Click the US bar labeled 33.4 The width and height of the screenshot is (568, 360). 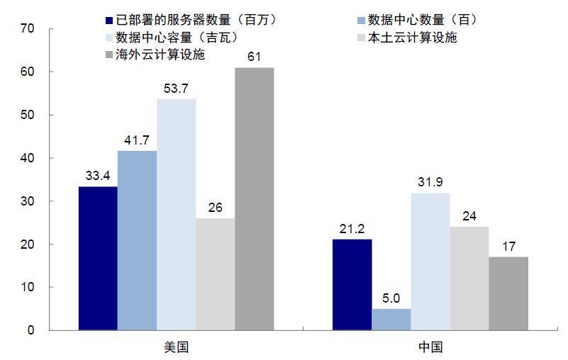pos(98,258)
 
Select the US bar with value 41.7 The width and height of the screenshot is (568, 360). pos(137,240)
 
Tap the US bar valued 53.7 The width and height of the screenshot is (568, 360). pos(176,214)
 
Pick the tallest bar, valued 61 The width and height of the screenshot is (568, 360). pos(254,198)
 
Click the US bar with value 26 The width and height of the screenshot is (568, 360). pos(215,274)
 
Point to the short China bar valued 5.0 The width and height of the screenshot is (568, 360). pos(391,319)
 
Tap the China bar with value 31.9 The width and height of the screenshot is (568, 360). pos(430,261)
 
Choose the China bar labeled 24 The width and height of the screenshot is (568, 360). pos(469,278)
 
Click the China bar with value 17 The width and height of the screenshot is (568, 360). pos(508,293)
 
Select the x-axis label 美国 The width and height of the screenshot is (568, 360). pos(176,347)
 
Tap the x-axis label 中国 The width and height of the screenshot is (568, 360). pos(430,347)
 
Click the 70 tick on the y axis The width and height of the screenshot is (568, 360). pos(28,29)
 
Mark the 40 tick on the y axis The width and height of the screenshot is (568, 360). pos(28,158)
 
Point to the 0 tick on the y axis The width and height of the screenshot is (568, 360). pos(30,330)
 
